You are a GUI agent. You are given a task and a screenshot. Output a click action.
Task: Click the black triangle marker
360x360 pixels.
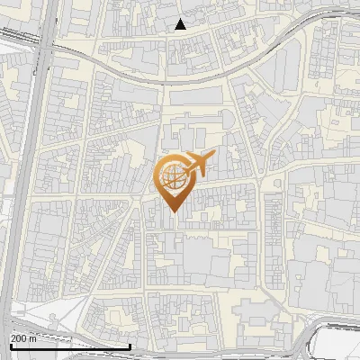[x=181, y=24]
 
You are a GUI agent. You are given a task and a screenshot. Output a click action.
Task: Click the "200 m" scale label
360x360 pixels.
[x=24, y=338]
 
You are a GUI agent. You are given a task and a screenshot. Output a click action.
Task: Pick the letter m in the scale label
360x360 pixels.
[x=33, y=338]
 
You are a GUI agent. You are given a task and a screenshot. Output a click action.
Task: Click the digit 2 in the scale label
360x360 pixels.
[x=13, y=338]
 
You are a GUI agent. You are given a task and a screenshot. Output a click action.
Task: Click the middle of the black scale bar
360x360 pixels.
[x=70, y=346]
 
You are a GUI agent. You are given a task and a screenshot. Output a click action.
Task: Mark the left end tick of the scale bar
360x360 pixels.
[x=10, y=345]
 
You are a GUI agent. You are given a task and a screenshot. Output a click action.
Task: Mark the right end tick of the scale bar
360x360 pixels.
[x=130, y=345]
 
